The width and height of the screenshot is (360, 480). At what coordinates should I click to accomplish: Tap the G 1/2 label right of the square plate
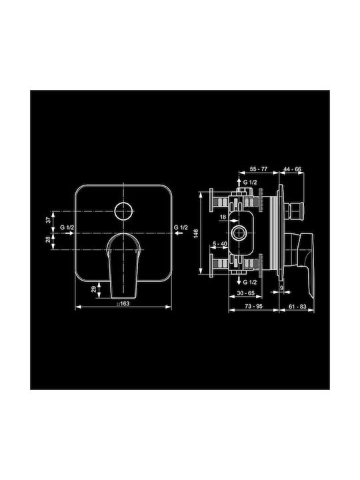click(181, 228)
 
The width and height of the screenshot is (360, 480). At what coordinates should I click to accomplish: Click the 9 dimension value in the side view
click(282, 289)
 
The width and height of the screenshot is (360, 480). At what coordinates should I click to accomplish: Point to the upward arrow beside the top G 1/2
click(239, 182)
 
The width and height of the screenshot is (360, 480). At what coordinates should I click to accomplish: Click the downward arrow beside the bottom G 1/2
click(239, 282)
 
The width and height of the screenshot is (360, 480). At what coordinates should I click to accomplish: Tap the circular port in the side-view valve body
click(238, 233)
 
